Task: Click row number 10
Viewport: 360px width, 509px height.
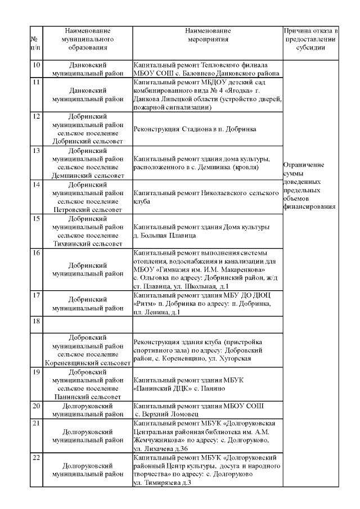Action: point(36,65)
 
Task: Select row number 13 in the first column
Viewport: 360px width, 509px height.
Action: point(36,151)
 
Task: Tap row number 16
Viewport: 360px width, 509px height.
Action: point(36,253)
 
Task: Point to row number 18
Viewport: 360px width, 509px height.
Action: point(36,321)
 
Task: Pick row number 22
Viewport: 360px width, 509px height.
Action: point(36,458)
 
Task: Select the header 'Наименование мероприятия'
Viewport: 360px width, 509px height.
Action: point(208,35)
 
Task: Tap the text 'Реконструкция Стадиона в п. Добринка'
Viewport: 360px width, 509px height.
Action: point(195,129)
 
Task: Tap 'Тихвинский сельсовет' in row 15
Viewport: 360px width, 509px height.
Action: point(87,244)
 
